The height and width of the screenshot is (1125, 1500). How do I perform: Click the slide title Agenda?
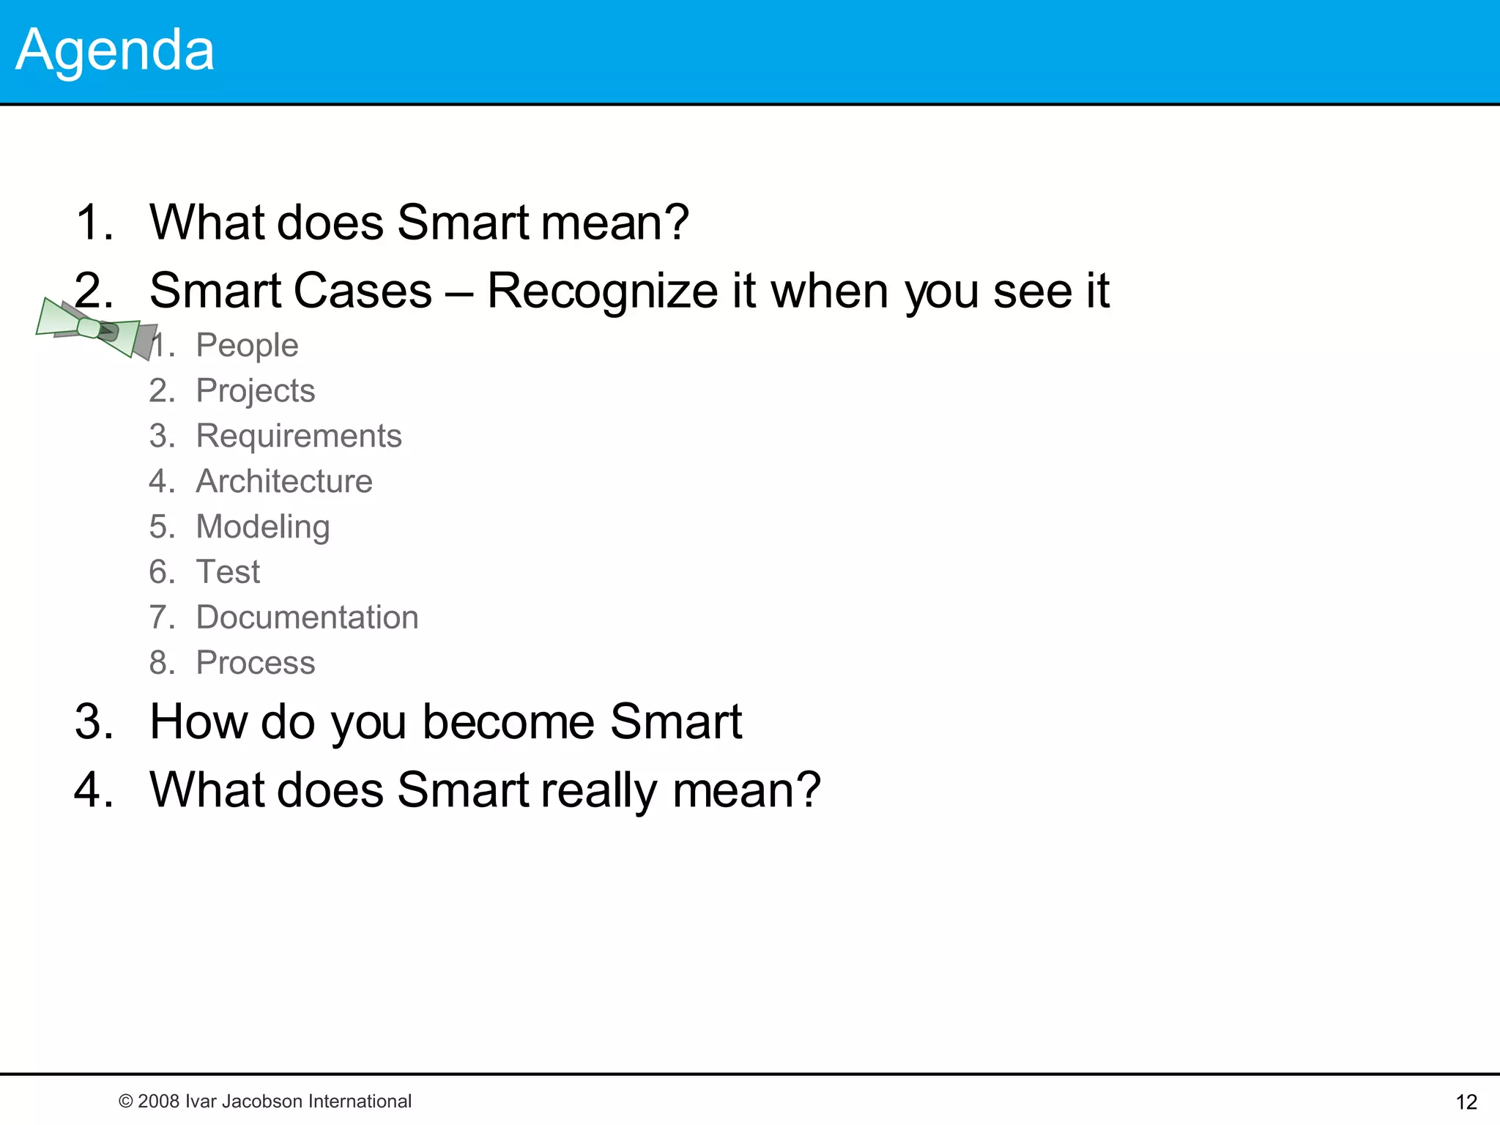point(115,50)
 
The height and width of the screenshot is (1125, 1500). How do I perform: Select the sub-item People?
point(247,345)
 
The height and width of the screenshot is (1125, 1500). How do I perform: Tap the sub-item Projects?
point(255,390)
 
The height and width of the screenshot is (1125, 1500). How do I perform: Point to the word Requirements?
point(299,436)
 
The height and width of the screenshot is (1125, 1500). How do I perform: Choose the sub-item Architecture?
point(284,481)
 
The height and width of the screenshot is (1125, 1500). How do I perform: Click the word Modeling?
point(263,527)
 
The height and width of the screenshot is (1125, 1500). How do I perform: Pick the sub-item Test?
point(228,572)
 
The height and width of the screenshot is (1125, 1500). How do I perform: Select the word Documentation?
point(307,617)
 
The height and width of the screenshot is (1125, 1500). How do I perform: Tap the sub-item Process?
point(255,663)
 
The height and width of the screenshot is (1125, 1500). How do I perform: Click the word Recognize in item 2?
point(602,292)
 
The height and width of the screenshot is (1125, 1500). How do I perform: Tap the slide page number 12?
point(1466,1102)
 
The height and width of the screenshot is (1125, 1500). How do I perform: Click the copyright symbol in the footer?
point(125,1102)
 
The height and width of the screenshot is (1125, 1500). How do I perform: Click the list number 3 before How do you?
point(93,722)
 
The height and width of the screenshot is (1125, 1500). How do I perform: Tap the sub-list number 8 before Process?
point(159,663)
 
